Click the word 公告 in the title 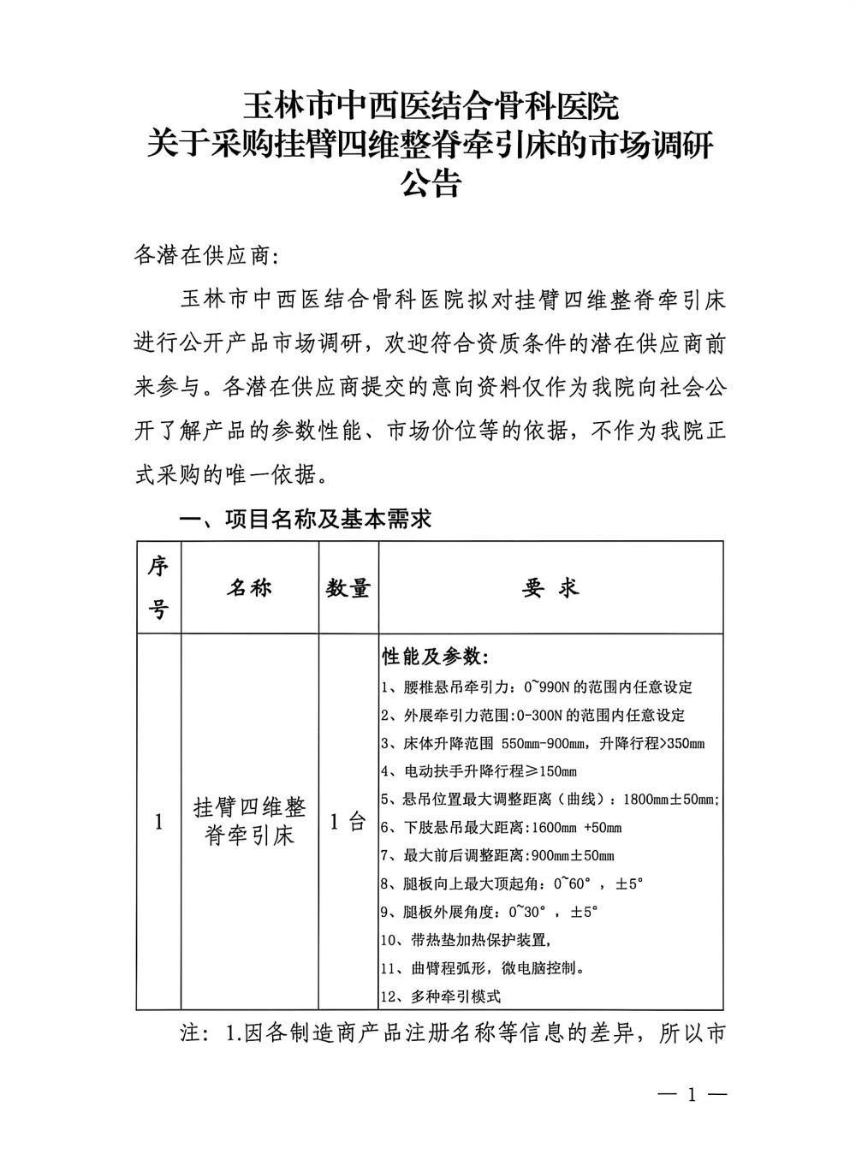click(x=431, y=183)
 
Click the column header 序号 click(x=158, y=587)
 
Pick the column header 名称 click(x=249, y=587)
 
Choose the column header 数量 click(x=348, y=588)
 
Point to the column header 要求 click(x=550, y=588)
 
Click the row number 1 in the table click(x=158, y=823)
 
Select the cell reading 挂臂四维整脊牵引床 click(x=249, y=822)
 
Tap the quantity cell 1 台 click(x=348, y=822)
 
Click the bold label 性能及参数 click(x=435, y=657)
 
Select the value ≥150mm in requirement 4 click(x=552, y=771)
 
